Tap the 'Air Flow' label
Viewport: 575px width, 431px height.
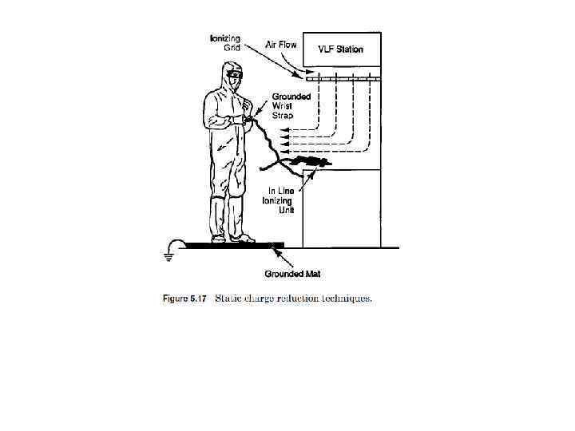point(280,45)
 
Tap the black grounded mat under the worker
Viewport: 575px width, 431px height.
point(232,245)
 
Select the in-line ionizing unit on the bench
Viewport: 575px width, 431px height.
point(305,163)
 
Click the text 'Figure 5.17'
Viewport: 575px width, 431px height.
point(185,299)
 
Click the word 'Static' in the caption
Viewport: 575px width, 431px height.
point(233,299)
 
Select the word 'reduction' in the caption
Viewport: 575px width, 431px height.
point(297,299)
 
